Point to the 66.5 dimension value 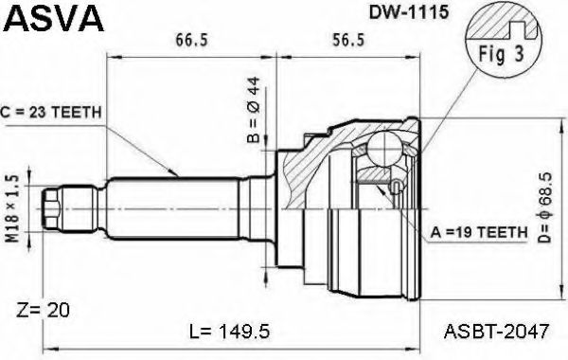193,39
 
